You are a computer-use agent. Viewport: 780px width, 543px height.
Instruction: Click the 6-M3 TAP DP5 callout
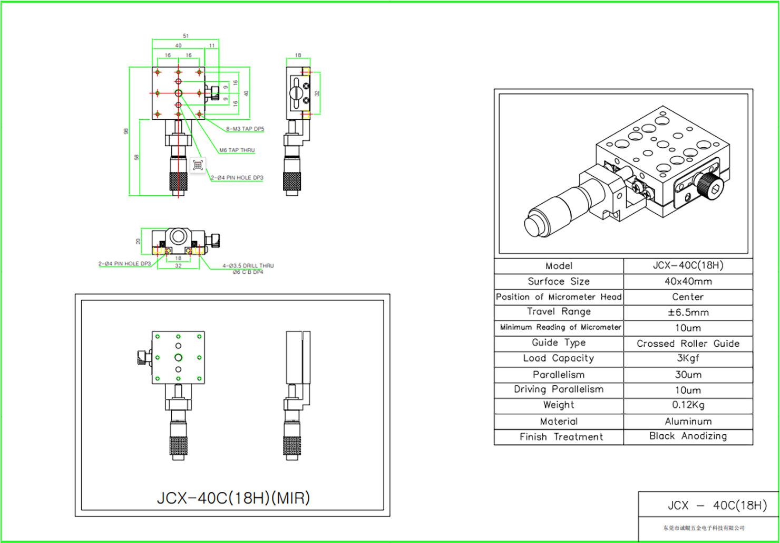tap(245, 129)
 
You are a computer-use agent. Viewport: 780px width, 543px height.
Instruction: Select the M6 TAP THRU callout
tap(237, 150)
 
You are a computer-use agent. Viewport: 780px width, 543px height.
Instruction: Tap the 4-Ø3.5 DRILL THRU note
tap(248, 266)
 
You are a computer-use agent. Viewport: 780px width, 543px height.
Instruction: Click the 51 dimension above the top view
tap(186, 36)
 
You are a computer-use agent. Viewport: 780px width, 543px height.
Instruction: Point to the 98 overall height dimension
tap(126, 131)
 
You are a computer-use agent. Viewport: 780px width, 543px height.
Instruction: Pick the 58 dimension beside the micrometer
tap(136, 157)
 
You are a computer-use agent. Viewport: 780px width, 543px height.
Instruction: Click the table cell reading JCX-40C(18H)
tap(688, 265)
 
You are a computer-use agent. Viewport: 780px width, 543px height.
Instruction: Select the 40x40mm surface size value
tap(688, 281)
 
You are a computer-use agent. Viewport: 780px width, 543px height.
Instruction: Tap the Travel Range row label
tap(559, 312)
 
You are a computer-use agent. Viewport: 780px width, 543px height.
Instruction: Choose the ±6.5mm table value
tap(688, 312)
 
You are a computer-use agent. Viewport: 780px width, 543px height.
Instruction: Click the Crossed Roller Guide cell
tap(688, 344)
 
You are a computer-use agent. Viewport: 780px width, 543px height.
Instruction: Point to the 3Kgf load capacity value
tap(688, 358)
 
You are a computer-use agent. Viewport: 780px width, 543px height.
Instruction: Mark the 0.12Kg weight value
tap(688, 405)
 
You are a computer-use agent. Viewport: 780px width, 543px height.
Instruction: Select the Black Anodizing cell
tap(688, 436)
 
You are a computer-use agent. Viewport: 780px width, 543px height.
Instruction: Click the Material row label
tap(559, 421)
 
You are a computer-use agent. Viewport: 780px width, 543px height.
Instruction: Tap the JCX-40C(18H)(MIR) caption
tap(233, 498)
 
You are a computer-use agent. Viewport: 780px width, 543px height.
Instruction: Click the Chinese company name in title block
tap(704, 528)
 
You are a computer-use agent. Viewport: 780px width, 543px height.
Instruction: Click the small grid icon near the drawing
tap(198, 165)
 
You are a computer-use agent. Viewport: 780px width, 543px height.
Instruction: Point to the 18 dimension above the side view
tap(298, 55)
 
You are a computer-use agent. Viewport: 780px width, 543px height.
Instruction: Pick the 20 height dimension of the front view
tap(138, 241)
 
